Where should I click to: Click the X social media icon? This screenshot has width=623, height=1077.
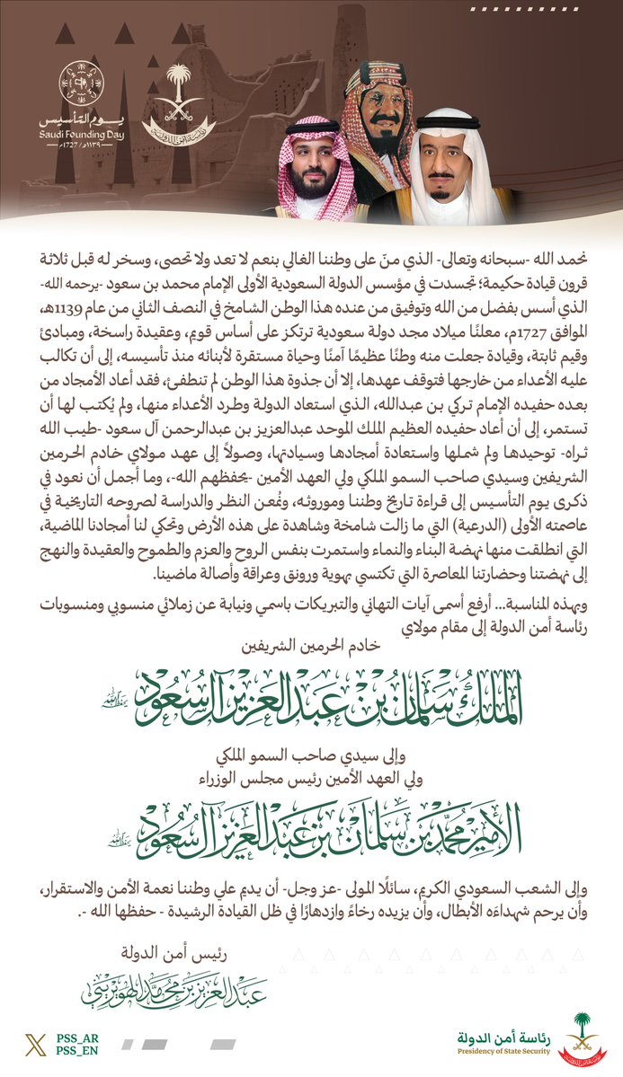(35, 1043)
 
